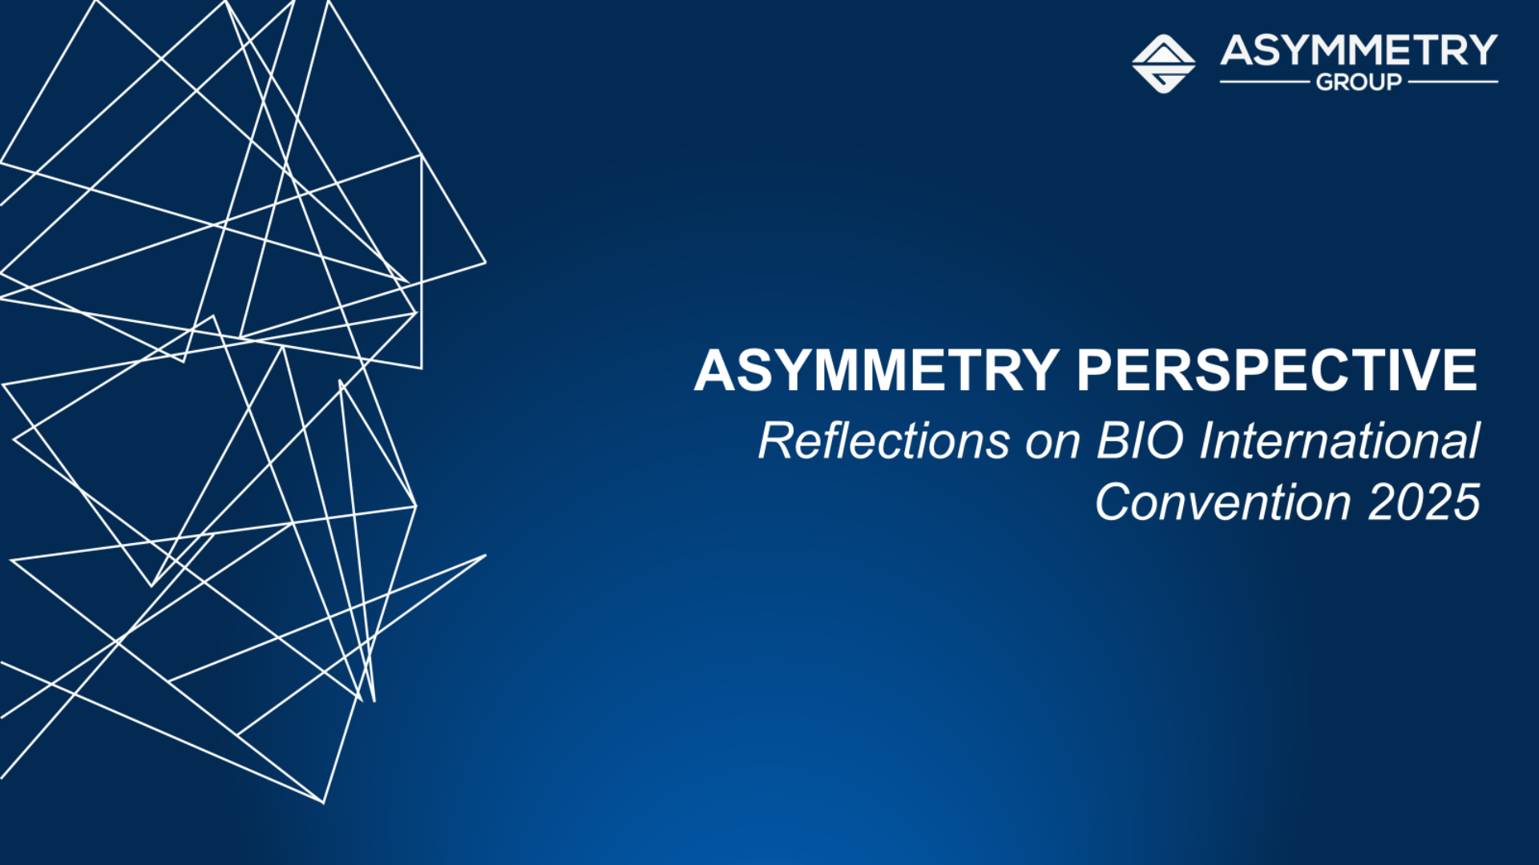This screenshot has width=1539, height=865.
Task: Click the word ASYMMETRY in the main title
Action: coord(877,370)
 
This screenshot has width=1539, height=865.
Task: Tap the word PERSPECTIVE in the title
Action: coord(1277,370)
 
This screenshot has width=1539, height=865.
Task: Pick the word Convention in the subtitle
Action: coord(1224,502)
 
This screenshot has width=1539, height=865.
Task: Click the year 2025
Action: coord(1424,502)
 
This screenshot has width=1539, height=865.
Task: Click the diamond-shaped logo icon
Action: coord(1164,63)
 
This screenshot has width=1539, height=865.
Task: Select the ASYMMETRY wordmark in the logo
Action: coord(1359,50)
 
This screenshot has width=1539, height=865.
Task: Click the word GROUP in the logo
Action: coord(1359,82)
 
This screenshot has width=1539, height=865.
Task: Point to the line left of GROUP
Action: coord(1265,82)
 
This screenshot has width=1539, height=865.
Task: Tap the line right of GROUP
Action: coord(1453,82)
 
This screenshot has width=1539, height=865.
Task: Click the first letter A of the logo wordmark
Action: coord(1238,50)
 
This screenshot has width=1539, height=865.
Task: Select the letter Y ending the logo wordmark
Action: coord(1481,50)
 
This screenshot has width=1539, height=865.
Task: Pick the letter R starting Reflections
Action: coord(777,441)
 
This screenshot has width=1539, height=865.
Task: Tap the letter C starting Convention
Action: coord(1115,502)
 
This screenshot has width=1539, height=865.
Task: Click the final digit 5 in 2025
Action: coord(1467,502)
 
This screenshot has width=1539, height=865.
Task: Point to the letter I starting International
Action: coord(1209,441)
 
